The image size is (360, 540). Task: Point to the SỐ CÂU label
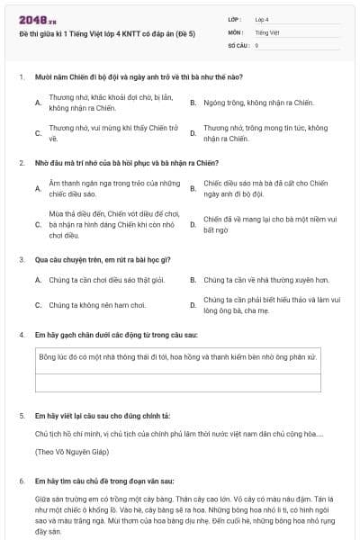click(238, 44)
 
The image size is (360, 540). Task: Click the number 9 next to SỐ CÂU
click(256, 44)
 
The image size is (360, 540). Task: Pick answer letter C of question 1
click(38, 133)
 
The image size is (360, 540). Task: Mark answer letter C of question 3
click(38, 305)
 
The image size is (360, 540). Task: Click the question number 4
click(22, 334)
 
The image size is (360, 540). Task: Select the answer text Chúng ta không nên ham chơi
click(97, 305)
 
